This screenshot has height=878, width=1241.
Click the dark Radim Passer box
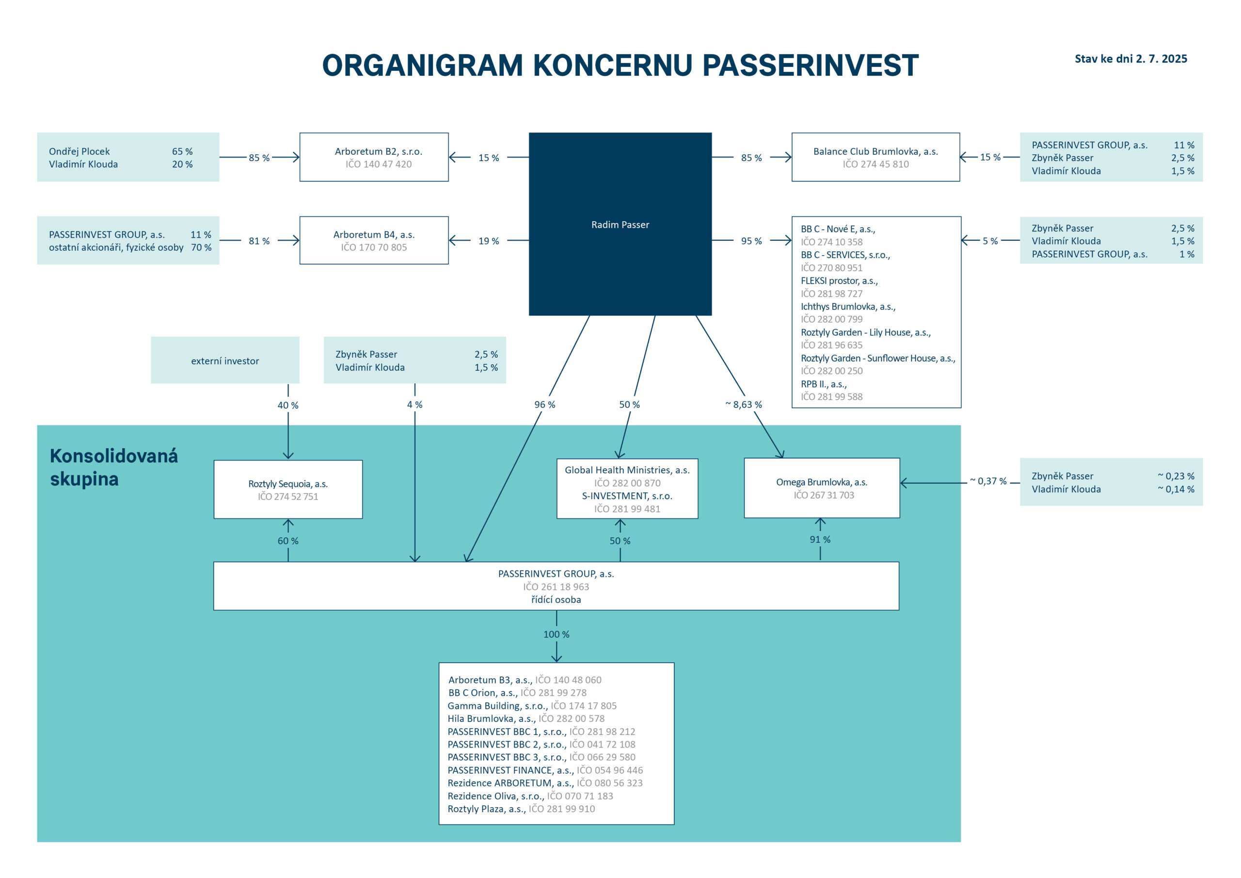[x=620, y=224]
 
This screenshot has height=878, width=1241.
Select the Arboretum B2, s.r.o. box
[x=374, y=157]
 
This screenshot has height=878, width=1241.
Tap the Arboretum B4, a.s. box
[x=374, y=240]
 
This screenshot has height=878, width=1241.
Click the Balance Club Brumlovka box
[x=875, y=157]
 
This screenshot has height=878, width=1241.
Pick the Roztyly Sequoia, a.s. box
[x=288, y=489]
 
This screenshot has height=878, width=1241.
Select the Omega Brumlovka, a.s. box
[x=822, y=488]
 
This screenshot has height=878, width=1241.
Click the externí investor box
[x=225, y=361]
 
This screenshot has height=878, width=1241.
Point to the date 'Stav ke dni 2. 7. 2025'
[x=1131, y=58]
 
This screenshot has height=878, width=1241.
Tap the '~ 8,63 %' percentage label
[x=744, y=405]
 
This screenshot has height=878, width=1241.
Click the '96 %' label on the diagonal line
[x=545, y=405]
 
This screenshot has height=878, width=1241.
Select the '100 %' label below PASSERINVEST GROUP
[x=556, y=634]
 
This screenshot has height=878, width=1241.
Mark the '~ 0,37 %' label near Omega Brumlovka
[x=988, y=481]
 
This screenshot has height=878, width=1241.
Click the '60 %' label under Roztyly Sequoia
[x=288, y=540]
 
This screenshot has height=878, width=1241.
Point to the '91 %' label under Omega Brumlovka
[x=820, y=539]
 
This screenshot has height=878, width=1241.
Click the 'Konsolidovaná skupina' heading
[x=113, y=467]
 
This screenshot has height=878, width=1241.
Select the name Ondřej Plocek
[x=79, y=151]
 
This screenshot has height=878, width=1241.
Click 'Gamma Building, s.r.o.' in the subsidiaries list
[x=497, y=705]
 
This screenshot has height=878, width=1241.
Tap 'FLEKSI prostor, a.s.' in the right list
[x=839, y=281]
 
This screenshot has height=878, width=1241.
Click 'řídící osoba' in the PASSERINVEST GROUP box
[x=556, y=600]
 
